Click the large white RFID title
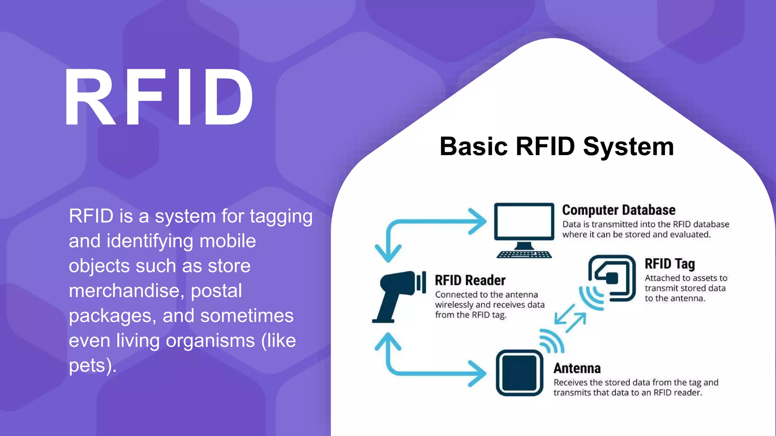point(158,98)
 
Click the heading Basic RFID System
point(557,146)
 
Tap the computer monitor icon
point(524,223)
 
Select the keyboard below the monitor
point(524,254)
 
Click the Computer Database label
point(618,210)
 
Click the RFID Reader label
point(470,280)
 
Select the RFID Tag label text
point(670,264)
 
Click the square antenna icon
point(519,373)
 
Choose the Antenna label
point(577,368)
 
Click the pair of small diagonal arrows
point(570,319)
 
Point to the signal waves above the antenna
point(552,341)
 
